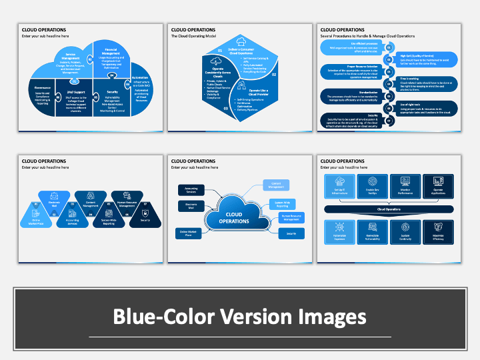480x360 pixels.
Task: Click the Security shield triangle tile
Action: [145, 216]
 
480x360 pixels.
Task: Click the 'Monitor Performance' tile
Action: [405, 188]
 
